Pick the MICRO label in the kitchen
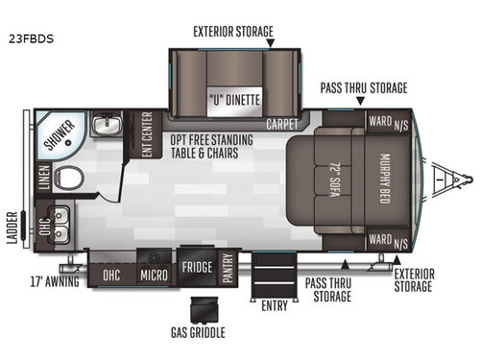152,274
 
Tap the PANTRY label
228,266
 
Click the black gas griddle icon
204,309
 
